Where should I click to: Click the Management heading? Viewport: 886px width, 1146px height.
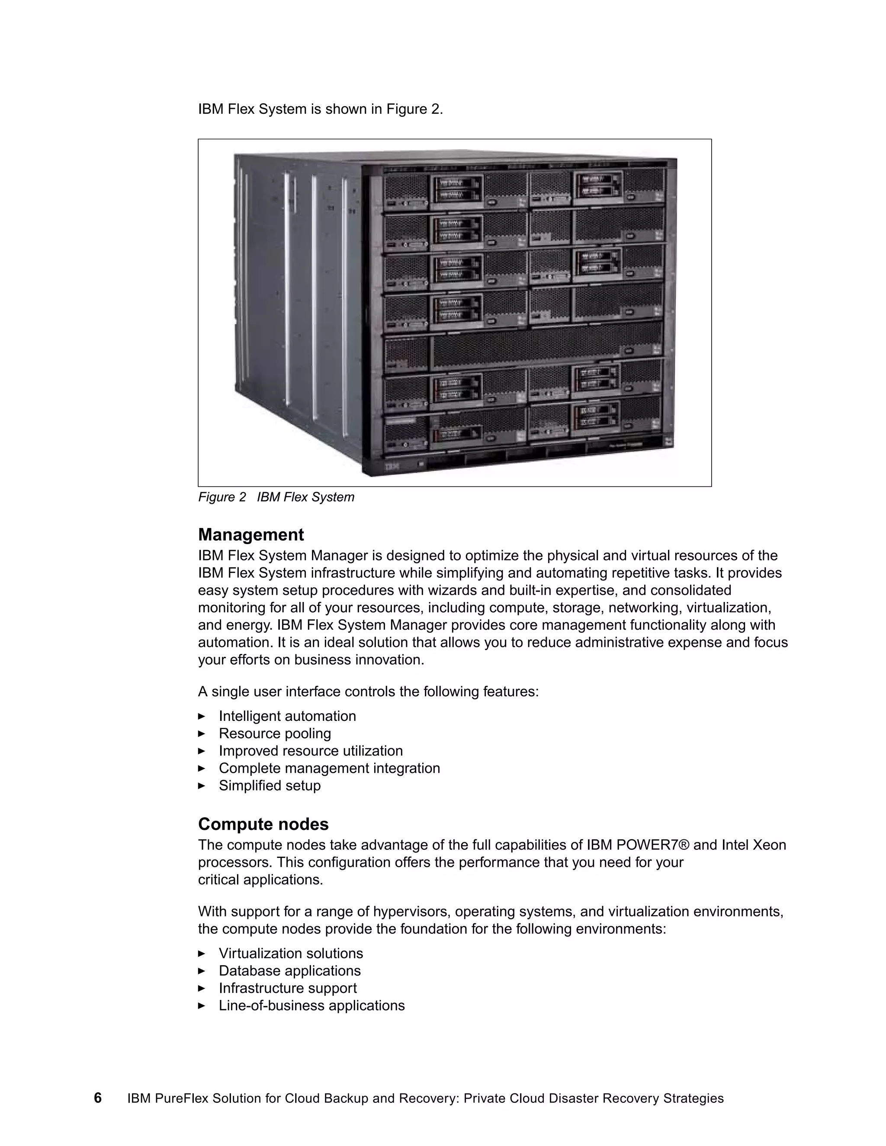251,535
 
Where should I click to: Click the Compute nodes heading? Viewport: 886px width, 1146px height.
263,824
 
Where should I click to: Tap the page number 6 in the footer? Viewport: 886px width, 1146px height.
98,1098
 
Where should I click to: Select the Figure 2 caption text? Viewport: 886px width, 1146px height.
276,497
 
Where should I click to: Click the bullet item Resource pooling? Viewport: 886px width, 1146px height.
275,733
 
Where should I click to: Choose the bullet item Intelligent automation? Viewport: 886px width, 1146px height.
287,716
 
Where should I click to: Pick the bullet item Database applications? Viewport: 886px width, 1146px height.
290,971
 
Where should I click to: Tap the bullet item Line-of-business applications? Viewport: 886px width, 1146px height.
312,1005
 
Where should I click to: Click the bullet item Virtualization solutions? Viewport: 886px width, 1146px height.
291,954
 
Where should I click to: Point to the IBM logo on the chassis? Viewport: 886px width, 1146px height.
393,466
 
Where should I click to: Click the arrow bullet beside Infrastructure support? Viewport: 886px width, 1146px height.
202,989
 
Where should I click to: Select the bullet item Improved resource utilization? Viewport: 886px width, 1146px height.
311,751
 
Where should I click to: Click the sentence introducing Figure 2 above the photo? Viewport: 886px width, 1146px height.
320,109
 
